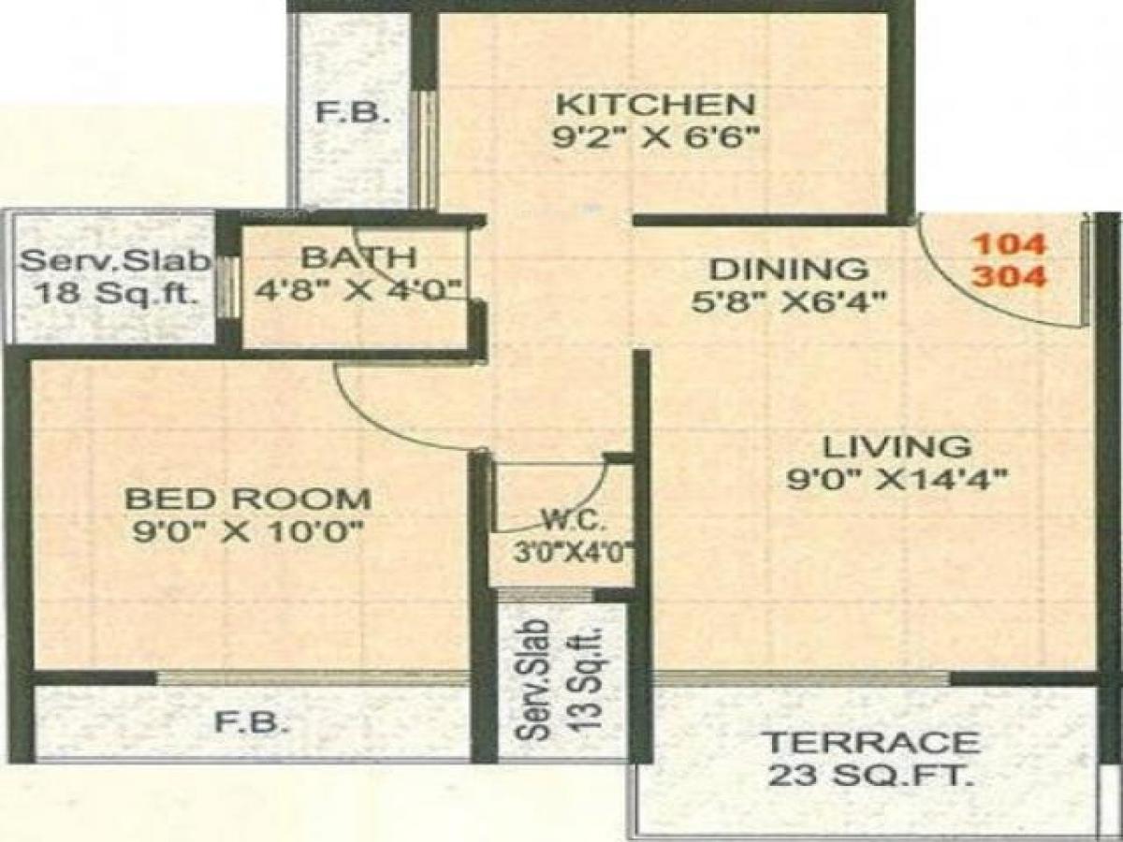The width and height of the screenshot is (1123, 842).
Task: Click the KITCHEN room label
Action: (x=653, y=102)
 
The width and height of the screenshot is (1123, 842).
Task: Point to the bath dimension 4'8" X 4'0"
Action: (x=359, y=288)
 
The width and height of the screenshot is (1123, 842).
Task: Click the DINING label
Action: (x=788, y=269)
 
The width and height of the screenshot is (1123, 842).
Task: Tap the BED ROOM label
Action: (x=248, y=497)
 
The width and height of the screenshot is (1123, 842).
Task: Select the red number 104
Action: (x=1010, y=244)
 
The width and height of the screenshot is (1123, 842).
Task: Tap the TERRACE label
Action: (x=872, y=744)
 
